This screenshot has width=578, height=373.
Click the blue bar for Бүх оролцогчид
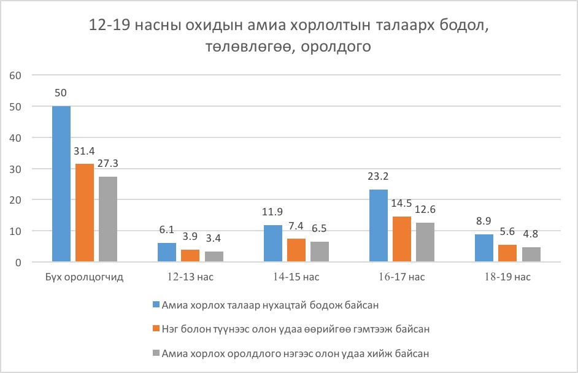(x=61, y=184)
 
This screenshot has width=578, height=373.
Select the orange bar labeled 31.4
(x=84, y=213)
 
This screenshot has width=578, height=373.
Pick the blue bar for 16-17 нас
(x=379, y=226)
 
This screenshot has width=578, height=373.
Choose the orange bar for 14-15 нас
(x=296, y=250)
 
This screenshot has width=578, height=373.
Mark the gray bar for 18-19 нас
(x=531, y=255)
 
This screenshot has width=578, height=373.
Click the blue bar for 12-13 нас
(x=167, y=252)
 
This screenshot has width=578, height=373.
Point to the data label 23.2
(x=379, y=178)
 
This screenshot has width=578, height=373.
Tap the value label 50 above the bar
(x=61, y=93)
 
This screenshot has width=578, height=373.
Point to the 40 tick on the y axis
(x=16, y=137)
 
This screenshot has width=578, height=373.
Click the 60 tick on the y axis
(x=16, y=75)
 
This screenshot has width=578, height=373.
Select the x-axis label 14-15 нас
(x=296, y=277)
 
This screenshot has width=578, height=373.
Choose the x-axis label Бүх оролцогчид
(x=85, y=277)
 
